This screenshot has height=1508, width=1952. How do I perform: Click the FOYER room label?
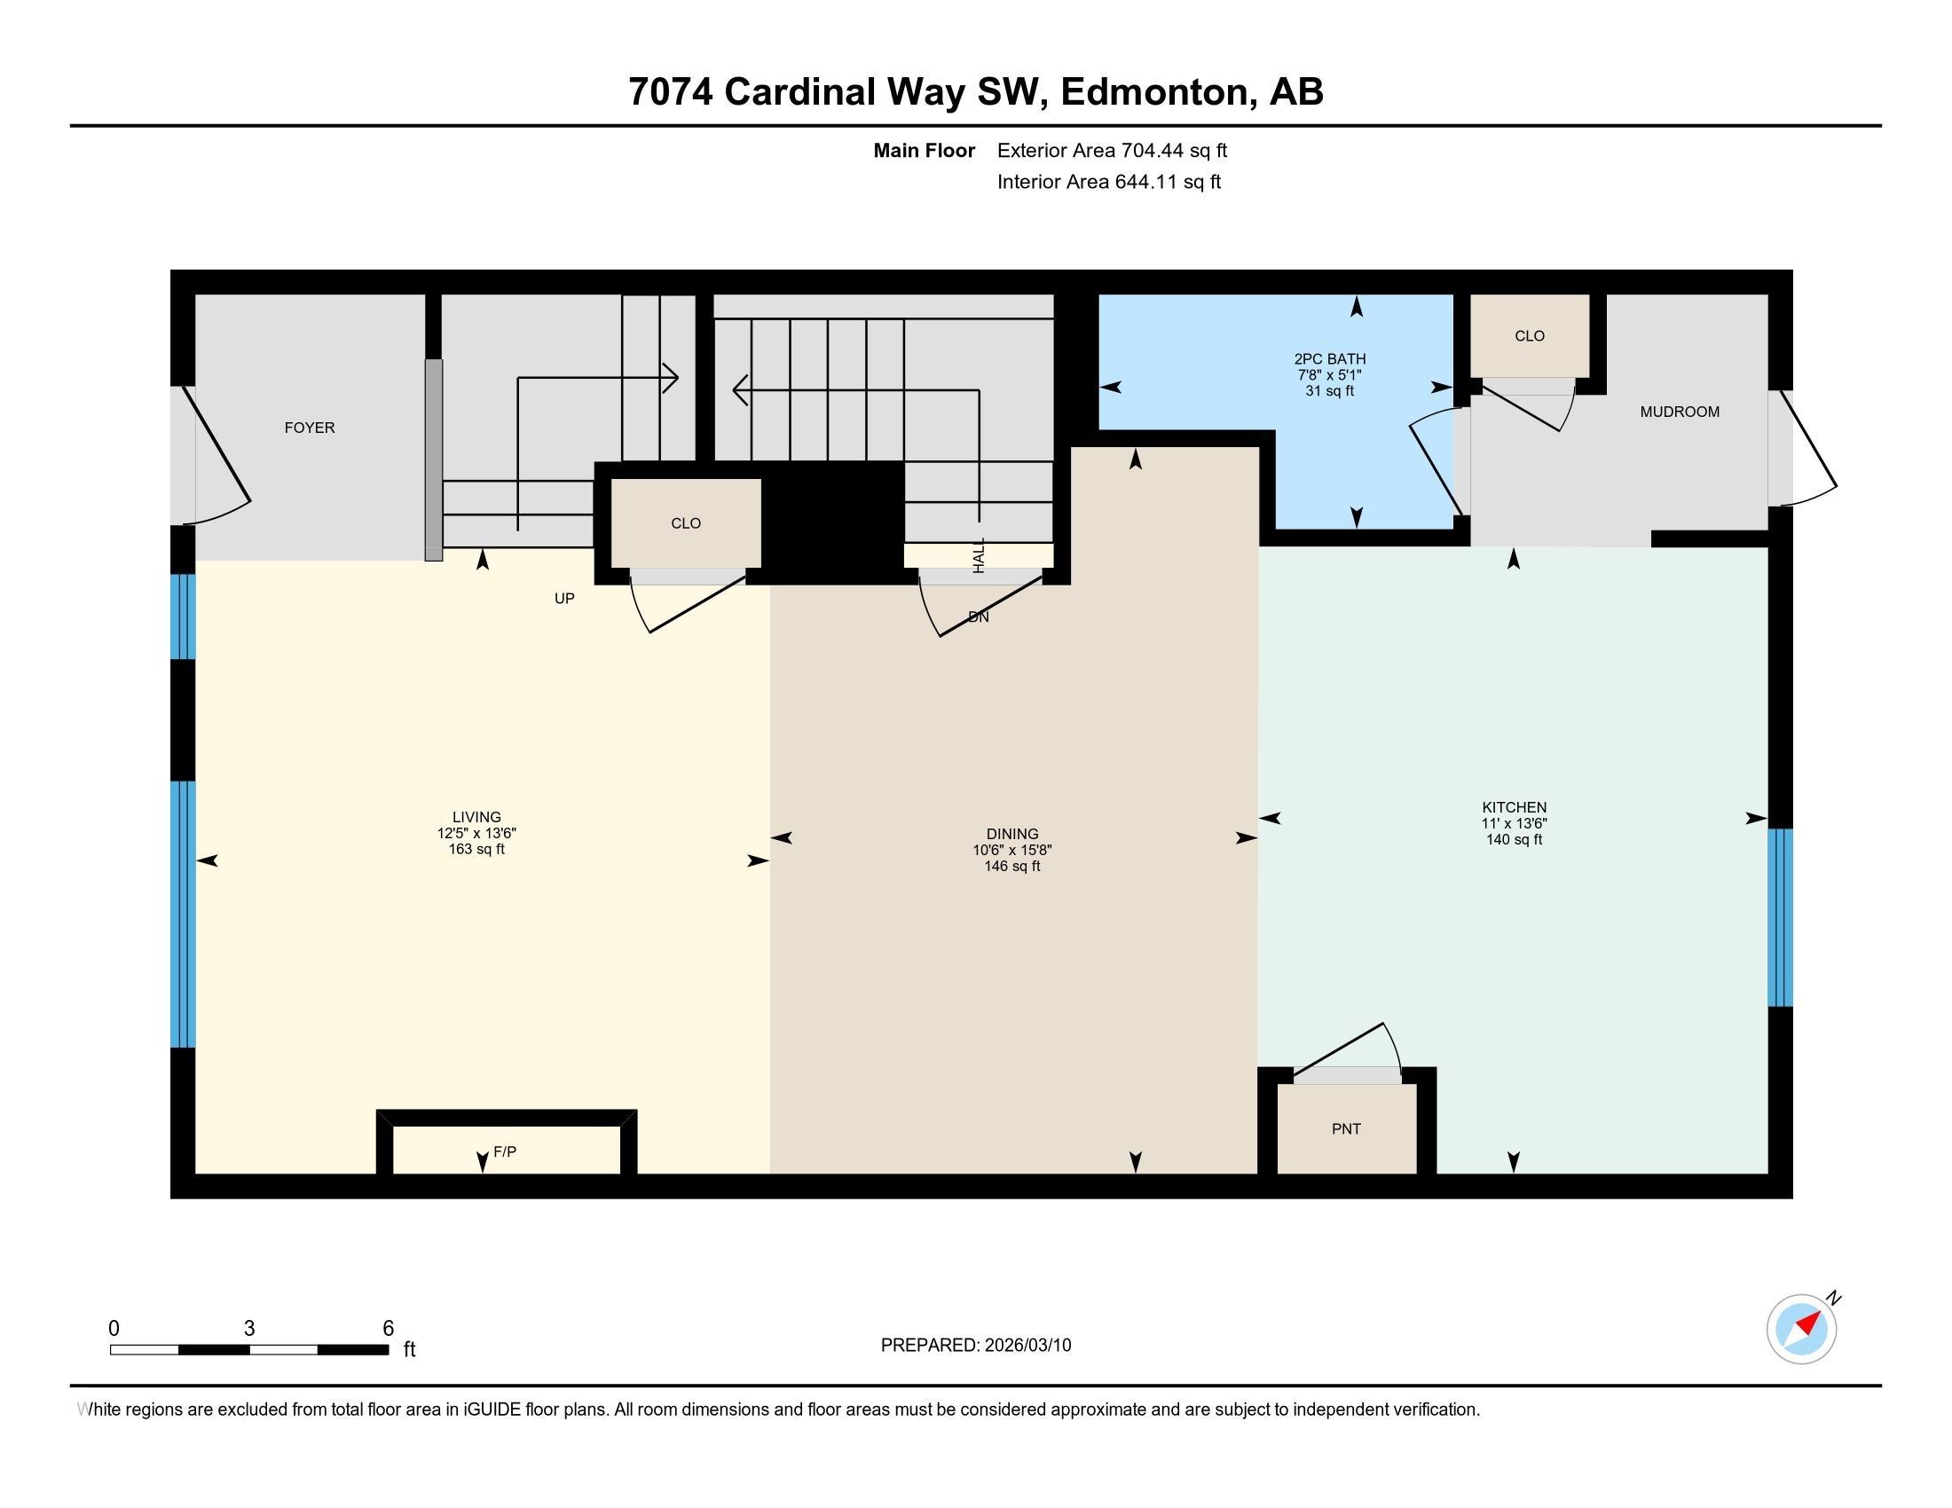(x=310, y=428)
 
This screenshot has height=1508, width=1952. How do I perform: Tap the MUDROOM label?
(x=1680, y=412)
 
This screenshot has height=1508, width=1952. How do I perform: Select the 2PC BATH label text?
(x=1330, y=359)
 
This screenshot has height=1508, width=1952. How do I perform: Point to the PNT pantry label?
(x=1346, y=1129)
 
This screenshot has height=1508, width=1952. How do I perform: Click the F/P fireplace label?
(x=505, y=1151)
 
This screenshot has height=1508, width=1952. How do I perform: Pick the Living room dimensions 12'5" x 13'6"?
(x=476, y=833)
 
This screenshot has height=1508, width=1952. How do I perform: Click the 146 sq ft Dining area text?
(x=1012, y=866)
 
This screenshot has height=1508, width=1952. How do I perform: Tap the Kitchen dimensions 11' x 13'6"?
(x=1514, y=824)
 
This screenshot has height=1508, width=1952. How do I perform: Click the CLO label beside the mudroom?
(x=1530, y=336)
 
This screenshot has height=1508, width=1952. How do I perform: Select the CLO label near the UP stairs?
(x=686, y=523)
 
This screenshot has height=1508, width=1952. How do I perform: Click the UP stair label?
(x=564, y=599)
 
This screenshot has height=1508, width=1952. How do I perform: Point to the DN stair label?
(x=979, y=617)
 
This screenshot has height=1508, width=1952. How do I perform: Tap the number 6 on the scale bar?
(x=388, y=1329)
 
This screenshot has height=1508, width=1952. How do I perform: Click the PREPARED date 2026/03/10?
(x=1027, y=1346)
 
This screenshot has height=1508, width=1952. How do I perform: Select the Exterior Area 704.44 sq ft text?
(x=1112, y=151)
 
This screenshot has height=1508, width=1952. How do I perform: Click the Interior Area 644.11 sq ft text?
(x=1109, y=182)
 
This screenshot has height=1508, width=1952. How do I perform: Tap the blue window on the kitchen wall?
(x=1781, y=917)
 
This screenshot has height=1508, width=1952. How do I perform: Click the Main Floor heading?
(x=925, y=151)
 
